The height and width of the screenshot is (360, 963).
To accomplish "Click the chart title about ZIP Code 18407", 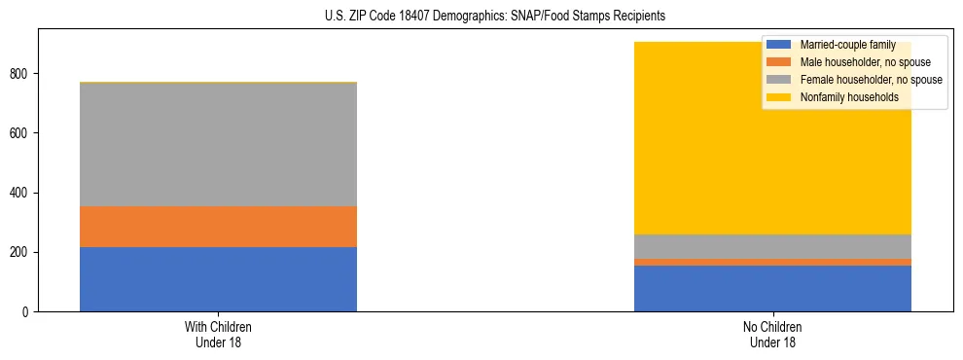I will click(x=481, y=17).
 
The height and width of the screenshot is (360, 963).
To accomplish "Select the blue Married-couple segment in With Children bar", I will click(x=218, y=279).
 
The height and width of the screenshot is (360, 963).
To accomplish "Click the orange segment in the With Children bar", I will click(x=218, y=227).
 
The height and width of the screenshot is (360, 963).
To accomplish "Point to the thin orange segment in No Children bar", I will click(x=772, y=263).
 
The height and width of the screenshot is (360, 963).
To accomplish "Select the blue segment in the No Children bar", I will click(x=772, y=288).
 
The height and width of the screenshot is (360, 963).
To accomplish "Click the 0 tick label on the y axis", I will click(x=27, y=312).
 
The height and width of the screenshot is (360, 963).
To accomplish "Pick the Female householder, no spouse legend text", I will click(x=871, y=80).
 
